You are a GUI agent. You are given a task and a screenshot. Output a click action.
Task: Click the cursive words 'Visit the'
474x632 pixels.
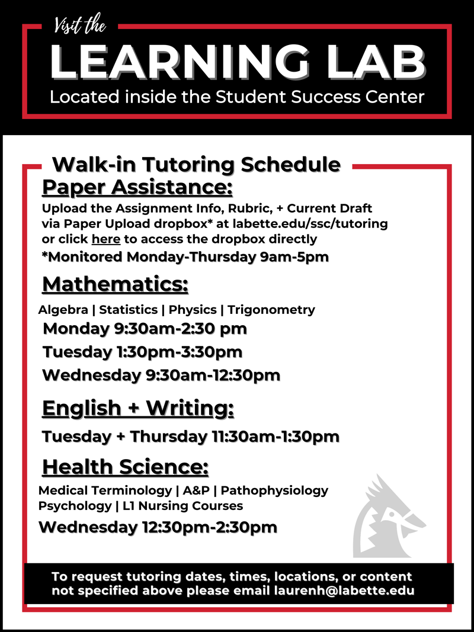point(80,25)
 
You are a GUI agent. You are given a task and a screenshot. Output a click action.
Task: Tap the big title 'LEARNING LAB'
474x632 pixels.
point(238,62)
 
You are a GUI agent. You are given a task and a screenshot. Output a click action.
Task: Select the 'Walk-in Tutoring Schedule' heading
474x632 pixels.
point(197,165)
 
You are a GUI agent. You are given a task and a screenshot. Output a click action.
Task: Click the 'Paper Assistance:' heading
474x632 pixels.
point(137,187)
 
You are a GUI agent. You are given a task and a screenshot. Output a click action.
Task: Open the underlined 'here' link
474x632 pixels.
point(106,239)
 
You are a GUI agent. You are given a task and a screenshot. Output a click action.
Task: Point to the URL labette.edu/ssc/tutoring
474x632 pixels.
point(310,223)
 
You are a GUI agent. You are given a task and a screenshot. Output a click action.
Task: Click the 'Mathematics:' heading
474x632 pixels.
point(116,284)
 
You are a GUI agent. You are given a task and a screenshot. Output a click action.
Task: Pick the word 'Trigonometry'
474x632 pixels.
point(271,310)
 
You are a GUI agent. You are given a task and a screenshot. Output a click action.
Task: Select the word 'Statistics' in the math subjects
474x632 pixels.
point(128,310)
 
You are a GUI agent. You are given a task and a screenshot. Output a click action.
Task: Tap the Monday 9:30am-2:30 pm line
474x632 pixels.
point(145,329)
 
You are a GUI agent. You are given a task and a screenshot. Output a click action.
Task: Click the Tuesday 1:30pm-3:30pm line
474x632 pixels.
point(143,352)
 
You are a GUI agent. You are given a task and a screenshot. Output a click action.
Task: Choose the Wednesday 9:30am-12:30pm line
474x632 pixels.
point(162,376)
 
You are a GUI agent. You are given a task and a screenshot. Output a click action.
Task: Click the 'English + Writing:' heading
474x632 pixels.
point(138,408)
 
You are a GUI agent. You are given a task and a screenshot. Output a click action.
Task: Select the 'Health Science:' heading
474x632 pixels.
point(126,467)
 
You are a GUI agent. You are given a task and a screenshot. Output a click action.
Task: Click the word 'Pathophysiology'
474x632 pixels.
point(274,491)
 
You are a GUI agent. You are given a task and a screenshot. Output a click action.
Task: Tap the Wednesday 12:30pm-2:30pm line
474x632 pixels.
point(158,527)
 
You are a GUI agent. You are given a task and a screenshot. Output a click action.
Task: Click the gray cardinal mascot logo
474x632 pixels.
point(389,516)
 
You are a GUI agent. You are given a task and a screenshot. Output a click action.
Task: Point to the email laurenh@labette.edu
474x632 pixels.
point(344,591)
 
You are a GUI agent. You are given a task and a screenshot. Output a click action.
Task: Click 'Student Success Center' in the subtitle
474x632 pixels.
point(320,97)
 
